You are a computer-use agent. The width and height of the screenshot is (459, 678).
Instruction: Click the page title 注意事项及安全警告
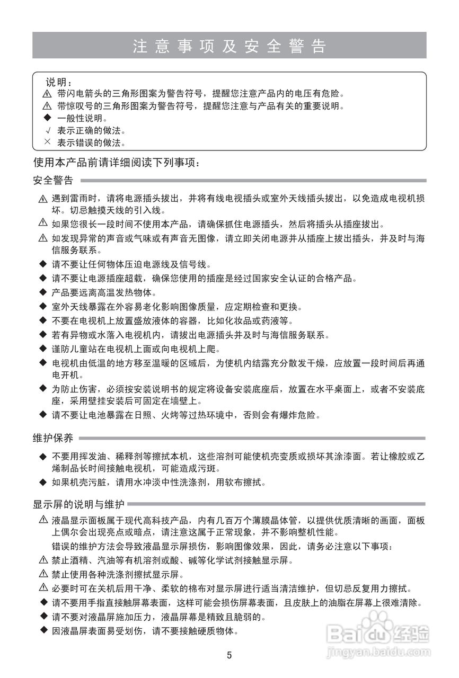coord(229,46)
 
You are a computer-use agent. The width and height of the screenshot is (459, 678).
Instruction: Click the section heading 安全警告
coord(53,181)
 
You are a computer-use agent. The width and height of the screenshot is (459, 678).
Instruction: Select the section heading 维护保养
coord(53,438)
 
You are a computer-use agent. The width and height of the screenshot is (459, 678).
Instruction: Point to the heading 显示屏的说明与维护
coord(78,504)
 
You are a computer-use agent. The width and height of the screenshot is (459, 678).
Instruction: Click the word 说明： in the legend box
coord(58,82)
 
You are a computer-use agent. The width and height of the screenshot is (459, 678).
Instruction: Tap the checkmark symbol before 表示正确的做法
coord(47,130)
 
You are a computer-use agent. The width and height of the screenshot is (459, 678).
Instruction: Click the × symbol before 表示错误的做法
coord(47,142)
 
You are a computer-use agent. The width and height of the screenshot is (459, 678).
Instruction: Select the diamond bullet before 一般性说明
coord(47,118)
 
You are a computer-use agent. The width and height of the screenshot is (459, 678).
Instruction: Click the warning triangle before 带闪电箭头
coord(47,94)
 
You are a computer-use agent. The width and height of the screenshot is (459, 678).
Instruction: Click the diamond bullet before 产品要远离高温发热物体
coord(43,292)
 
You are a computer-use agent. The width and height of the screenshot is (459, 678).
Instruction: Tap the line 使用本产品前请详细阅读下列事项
coord(116,162)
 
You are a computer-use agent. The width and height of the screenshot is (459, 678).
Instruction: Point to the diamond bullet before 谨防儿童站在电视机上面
coord(43,349)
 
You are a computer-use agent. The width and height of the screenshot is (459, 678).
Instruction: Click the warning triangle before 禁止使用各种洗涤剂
coord(43,574)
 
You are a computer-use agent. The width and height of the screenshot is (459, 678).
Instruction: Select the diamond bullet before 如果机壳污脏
coord(43,482)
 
